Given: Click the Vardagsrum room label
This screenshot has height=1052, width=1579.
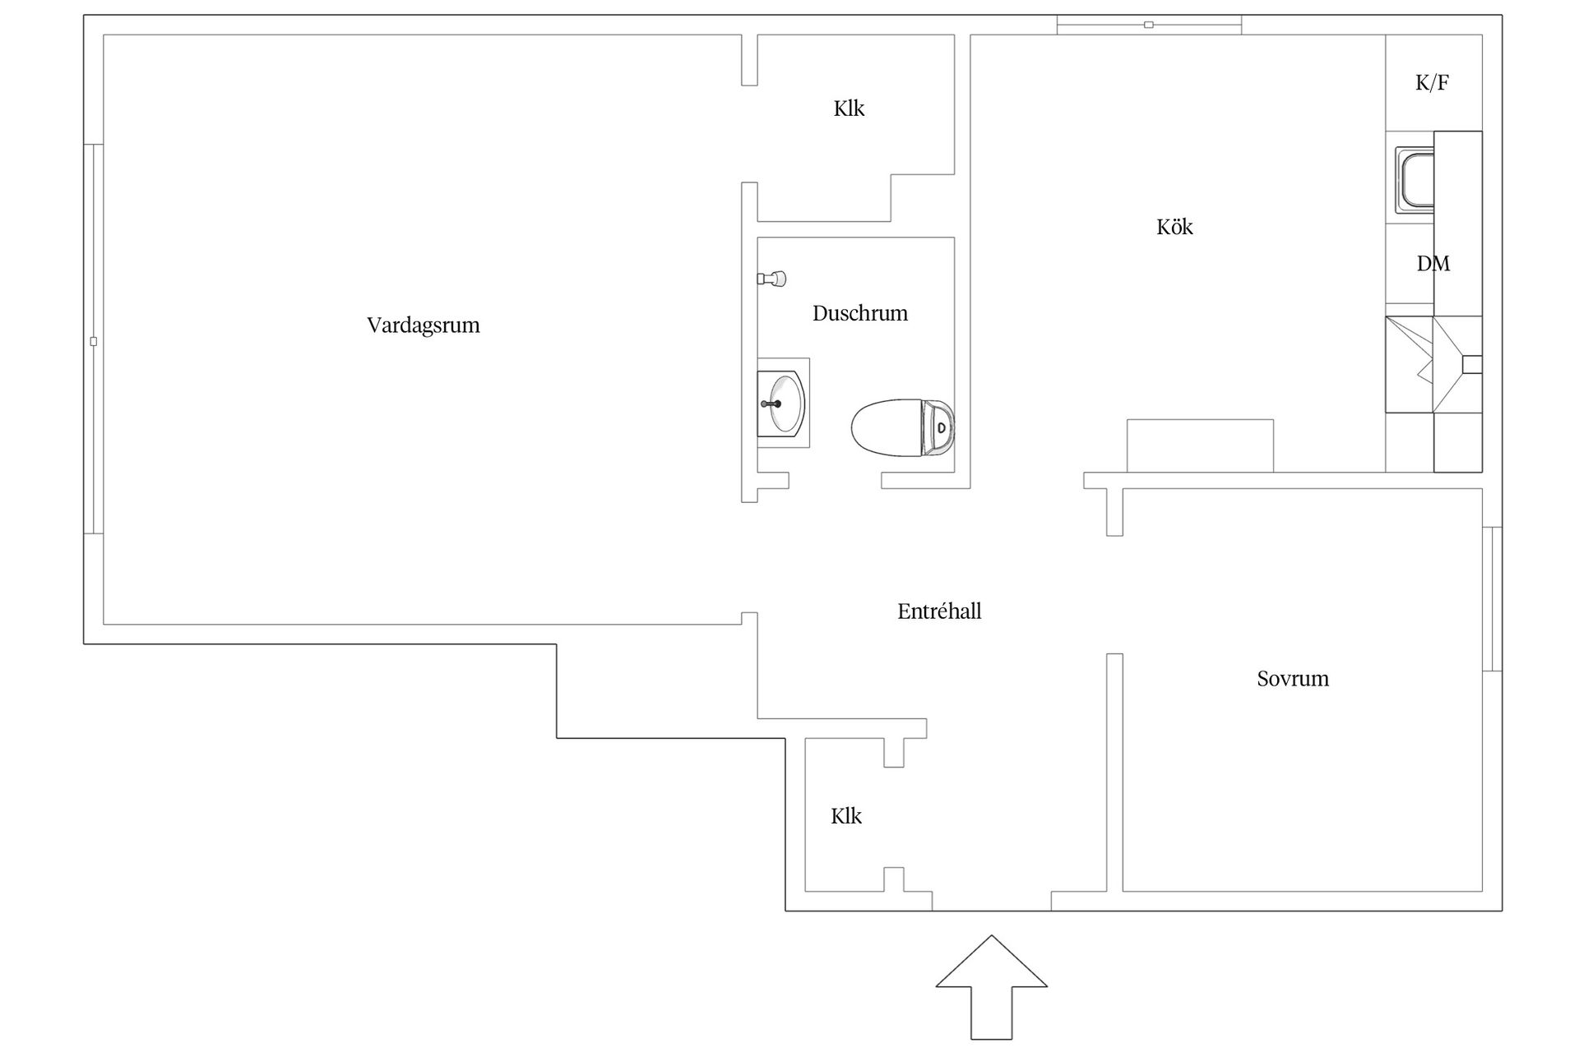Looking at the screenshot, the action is click(x=424, y=325).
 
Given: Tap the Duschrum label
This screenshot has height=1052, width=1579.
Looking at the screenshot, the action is click(x=860, y=313).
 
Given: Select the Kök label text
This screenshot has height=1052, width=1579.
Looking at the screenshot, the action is click(x=1174, y=227).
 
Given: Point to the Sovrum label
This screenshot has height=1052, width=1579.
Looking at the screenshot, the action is click(x=1293, y=679).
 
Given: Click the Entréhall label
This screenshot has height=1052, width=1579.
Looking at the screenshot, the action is click(x=939, y=611).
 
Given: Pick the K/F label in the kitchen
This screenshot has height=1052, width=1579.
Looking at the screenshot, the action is click(x=1432, y=82).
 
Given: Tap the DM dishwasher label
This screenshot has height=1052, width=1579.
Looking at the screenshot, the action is click(x=1433, y=263).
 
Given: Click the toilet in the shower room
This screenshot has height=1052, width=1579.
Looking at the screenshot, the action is click(x=902, y=427).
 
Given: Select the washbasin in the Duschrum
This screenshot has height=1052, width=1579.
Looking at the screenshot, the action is click(x=782, y=403).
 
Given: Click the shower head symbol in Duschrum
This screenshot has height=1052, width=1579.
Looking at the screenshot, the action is click(x=772, y=279).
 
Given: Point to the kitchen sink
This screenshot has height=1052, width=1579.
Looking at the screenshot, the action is click(x=1415, y=180).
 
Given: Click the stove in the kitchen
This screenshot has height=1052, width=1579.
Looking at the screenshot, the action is click(x=1433, y=364).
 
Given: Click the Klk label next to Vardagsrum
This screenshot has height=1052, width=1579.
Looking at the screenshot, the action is click(x=849, y=108).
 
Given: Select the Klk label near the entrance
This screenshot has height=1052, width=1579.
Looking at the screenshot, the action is click(x=846, y=816).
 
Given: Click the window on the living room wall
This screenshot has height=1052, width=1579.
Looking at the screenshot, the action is click(x=94, y=339).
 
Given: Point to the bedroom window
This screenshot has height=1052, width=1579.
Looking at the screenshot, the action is click(x=1492, y=599).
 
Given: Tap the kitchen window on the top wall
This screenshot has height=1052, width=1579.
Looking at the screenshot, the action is click(x=1149, y=25).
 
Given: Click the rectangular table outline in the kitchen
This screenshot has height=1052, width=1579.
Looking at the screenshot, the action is click(x=1200, y=445).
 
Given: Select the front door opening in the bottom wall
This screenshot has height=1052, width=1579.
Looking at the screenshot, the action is click(x=992, y=911).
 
